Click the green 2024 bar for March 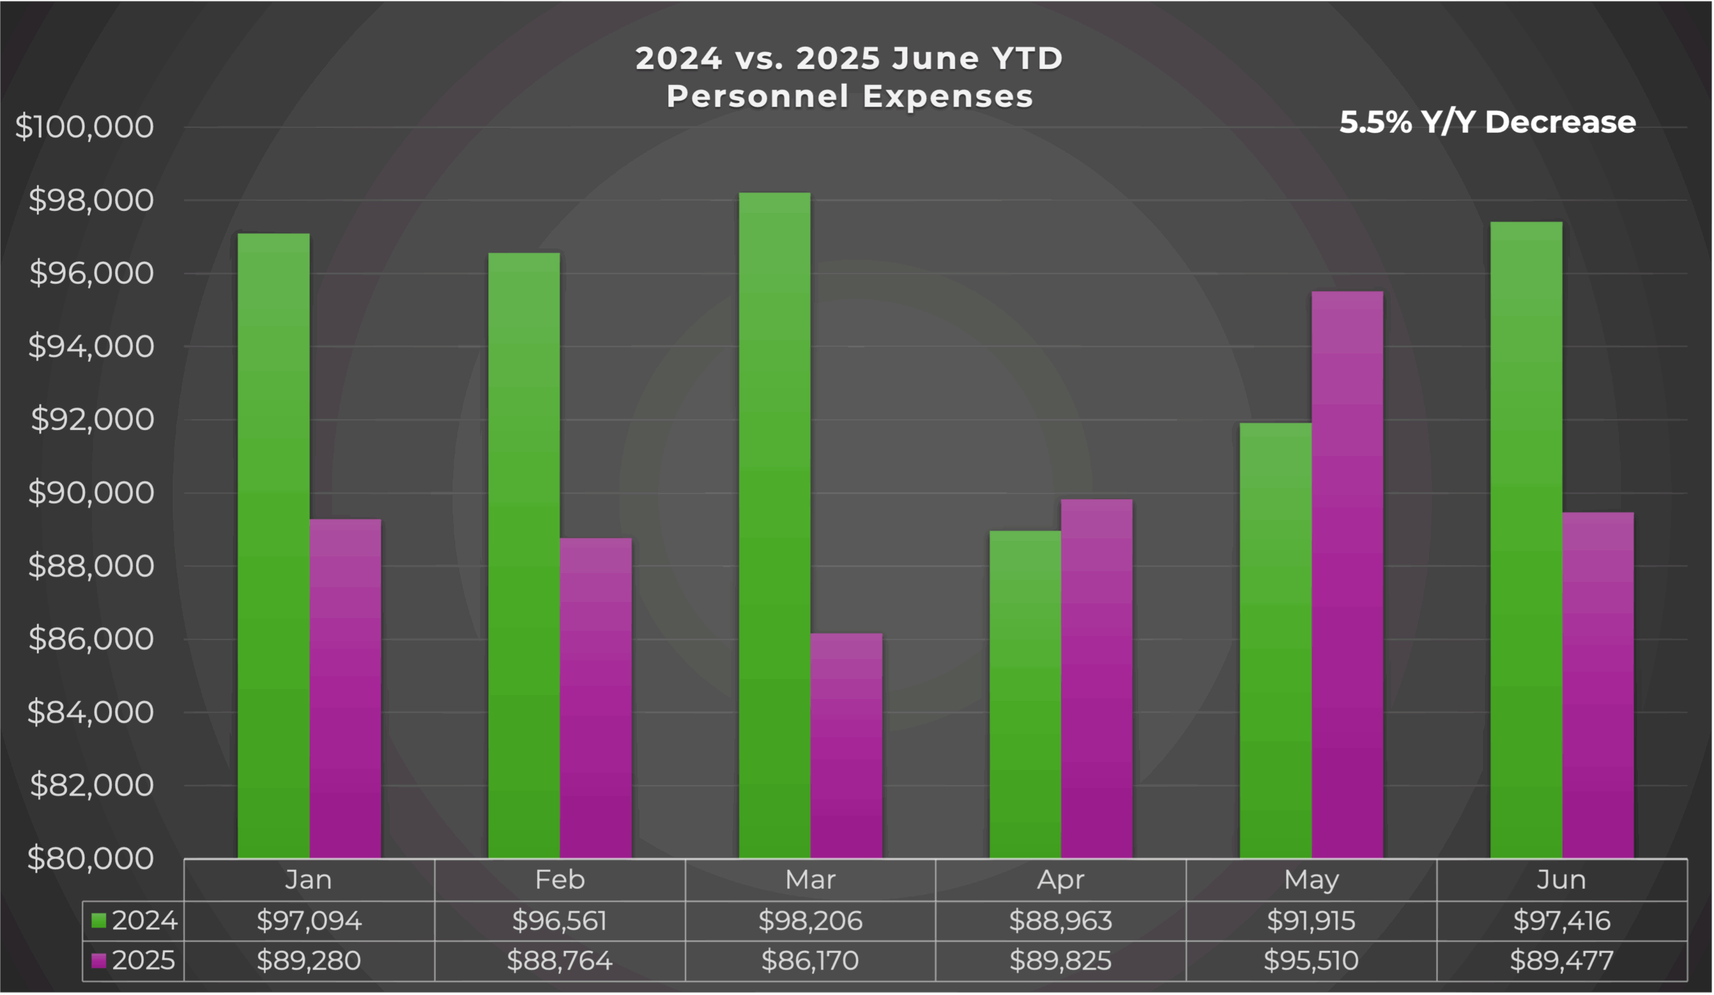[x=775, y=525]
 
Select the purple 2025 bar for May [x=1346, y=575]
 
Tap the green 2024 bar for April [x=1025, y=694]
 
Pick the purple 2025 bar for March [x=846, y=745]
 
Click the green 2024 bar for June [x=1526, y=539]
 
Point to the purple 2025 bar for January [x=345, y=688]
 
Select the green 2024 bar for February [x=524, y=555]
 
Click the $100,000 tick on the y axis [x=85, y=127]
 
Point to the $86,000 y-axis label [x=91, y=639]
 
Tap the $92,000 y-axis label [x=92, y=420]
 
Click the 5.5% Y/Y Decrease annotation [x=1487, y=123]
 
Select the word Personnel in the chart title [x=757, y=96]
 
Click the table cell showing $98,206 [x=810, y=921]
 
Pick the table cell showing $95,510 [x=1311, y=961]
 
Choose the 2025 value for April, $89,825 [x=1061, y=961]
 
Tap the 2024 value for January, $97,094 [x=309, y=921]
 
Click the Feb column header [x=559, y=880]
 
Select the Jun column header [x=1561, y=880]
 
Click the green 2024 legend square [x=98, y=921]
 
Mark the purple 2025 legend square [x=98, y=961]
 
